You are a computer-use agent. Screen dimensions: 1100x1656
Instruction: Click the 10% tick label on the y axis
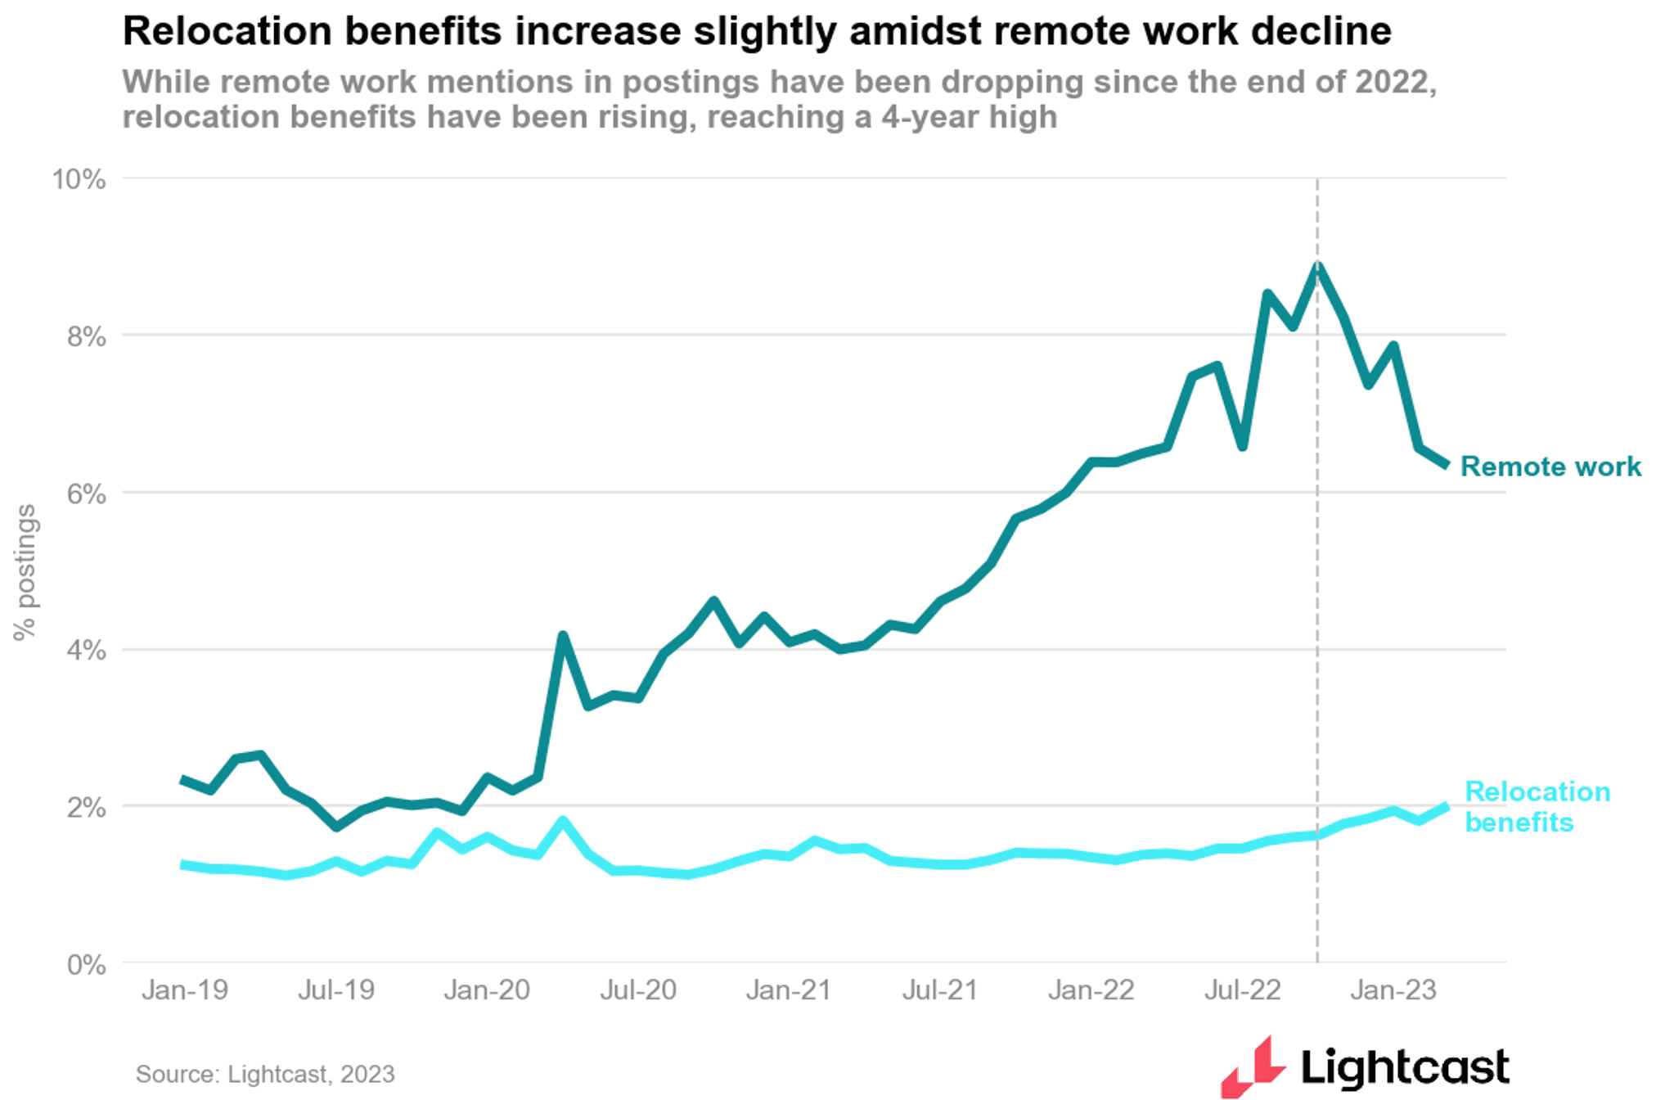79,179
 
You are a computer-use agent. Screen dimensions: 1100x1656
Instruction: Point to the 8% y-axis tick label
87,336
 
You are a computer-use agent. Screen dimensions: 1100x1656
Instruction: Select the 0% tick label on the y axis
87,964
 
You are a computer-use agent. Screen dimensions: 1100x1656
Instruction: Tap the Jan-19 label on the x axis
185,990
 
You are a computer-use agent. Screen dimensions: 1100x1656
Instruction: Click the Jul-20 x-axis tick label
638,990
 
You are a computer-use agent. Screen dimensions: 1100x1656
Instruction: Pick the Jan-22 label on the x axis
1091,990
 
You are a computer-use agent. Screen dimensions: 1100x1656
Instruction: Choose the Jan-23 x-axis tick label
1393,990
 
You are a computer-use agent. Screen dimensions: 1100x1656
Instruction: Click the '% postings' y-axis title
25,571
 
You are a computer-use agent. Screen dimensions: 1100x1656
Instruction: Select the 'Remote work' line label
1550,467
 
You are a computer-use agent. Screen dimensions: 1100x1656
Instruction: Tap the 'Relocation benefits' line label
1537,806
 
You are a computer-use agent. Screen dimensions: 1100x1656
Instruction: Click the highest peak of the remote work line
1317,266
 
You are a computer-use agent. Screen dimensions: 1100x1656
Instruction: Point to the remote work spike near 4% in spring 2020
562,635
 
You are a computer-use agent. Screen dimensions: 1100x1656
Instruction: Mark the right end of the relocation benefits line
1446,807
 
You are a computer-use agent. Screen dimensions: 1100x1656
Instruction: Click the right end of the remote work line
1447,465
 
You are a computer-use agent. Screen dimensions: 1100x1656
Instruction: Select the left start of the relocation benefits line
183,864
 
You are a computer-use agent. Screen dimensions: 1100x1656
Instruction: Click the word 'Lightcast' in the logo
1404,1067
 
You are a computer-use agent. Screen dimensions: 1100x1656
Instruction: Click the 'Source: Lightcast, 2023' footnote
265,1074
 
